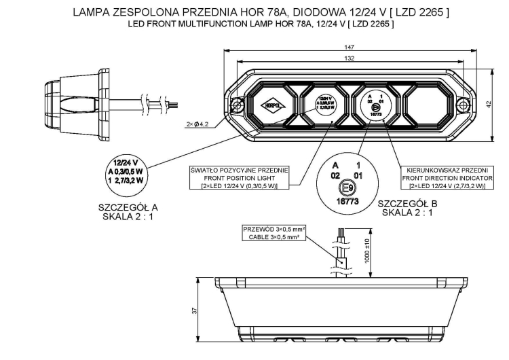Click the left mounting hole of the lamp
click(238, 105)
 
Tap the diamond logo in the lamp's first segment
click(271, 105)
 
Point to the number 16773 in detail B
click(347, 202)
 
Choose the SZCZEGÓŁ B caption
click(407, 204)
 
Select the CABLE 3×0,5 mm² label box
click(274, 234)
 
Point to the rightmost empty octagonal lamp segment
click(428, 105)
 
